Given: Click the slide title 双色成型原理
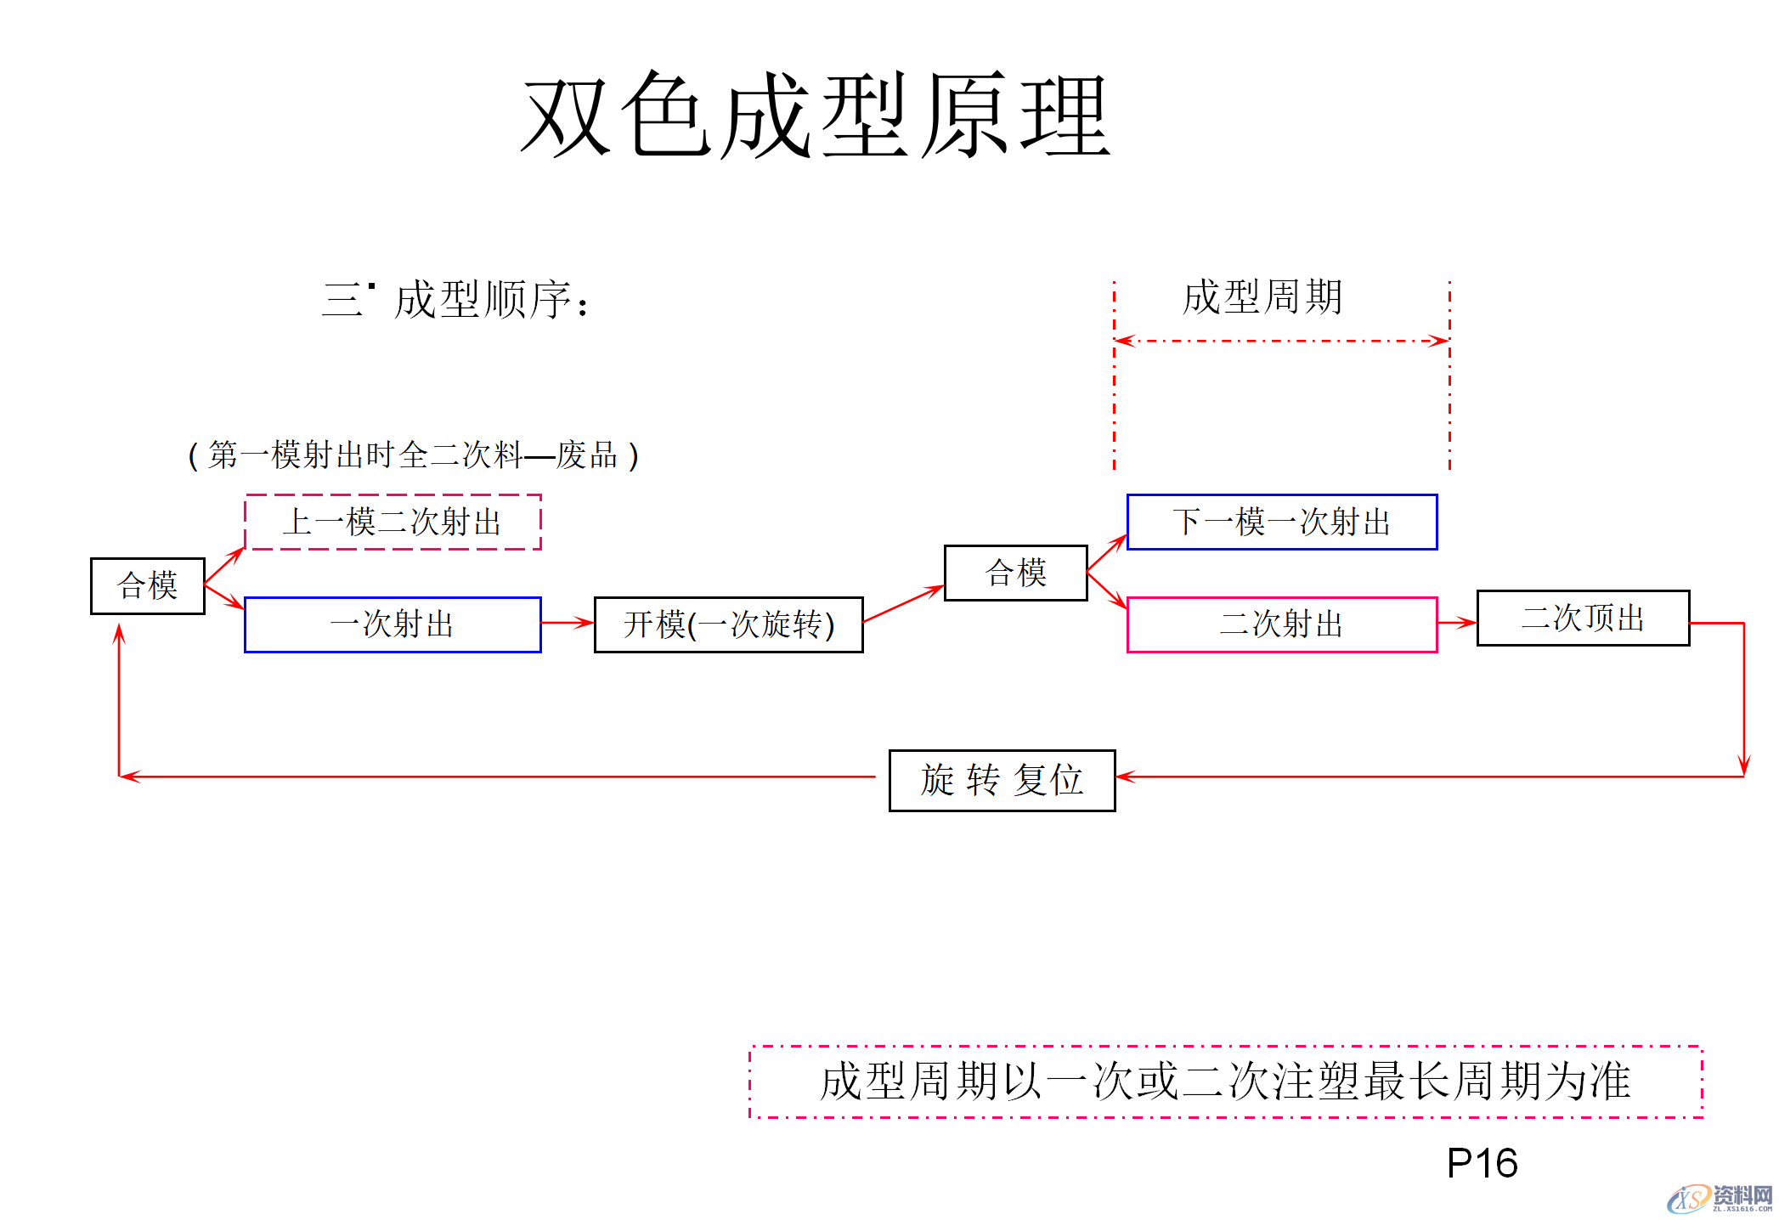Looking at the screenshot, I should click(x=816, y=116).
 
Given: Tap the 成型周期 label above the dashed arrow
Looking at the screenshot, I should click(x=1262, y=297).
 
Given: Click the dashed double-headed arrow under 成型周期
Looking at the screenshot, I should click(x=1281, y=341).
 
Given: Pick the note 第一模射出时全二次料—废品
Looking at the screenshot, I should click(x=413, y=455).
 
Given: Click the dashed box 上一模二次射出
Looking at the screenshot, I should click(x=393, y=522).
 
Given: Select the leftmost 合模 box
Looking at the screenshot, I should click(x=148, y=585).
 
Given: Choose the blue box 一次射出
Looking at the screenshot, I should click(x=393, y=624).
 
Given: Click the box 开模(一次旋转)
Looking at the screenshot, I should click(x=728, y=624).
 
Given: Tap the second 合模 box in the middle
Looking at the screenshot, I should click(x=1015, y=573).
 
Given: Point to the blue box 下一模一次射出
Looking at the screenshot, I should click(x=1281, y=522).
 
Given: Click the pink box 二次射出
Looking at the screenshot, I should click(x=1281, y=624).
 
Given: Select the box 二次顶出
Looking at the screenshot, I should click(x=1583, y=618).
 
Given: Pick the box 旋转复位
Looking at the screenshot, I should click(x=1002, y=780).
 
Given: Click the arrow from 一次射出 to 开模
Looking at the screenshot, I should click(x=567, y=623).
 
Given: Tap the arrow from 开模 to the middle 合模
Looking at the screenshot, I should click(x=903, y=604).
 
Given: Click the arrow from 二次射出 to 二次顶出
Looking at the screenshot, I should click(x=1456, y=623).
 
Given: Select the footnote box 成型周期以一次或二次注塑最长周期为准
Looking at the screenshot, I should click(x=1225, y=1082).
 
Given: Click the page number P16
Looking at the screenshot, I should click(x=1482, y=1163).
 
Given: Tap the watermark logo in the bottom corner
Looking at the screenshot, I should click(x=1720, y=1198).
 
